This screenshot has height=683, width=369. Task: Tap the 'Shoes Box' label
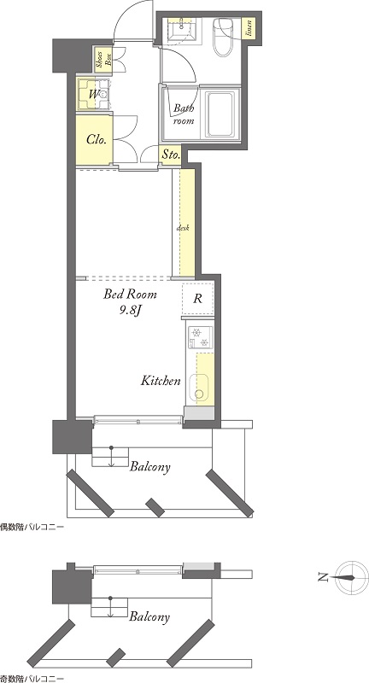103,59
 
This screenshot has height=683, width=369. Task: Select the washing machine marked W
95,94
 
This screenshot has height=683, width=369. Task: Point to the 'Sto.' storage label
171,155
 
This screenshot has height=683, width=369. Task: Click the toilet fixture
223,37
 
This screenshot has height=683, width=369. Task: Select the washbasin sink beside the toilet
181,31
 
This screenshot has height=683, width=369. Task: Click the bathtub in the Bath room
221,114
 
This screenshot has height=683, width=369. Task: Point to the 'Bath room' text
184,114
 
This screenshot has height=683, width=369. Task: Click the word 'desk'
183,227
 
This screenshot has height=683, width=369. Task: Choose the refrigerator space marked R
198,300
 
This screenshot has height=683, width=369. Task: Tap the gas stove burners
200,337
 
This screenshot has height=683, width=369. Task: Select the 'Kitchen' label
161,381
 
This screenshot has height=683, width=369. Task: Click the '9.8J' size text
129,311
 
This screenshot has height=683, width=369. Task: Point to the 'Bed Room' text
130,295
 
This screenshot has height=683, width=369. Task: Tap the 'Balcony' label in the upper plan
150,467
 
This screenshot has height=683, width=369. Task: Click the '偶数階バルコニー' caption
32,527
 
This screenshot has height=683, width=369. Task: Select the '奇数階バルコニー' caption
32,679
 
